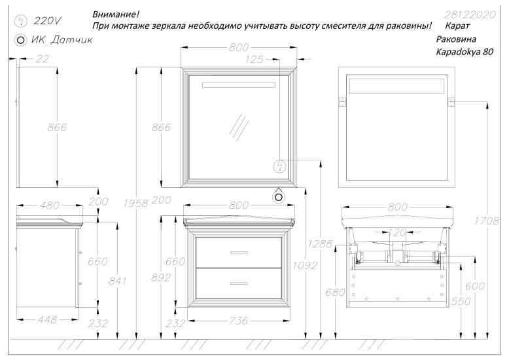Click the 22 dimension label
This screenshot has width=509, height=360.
coord(43,59)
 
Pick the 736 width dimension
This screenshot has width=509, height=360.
coord(239,321)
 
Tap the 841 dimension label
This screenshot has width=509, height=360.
coord(116,281)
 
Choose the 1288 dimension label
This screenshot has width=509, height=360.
coord(322,243)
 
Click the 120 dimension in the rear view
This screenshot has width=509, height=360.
coord(397,232)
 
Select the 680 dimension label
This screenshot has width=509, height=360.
coord(333,292)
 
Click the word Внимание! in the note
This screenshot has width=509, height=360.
coord(115,14)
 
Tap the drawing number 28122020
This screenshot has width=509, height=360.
coord(470,14)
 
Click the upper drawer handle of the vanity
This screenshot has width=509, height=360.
coord(239,252)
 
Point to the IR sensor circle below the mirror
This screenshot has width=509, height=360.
coord(279,195)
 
